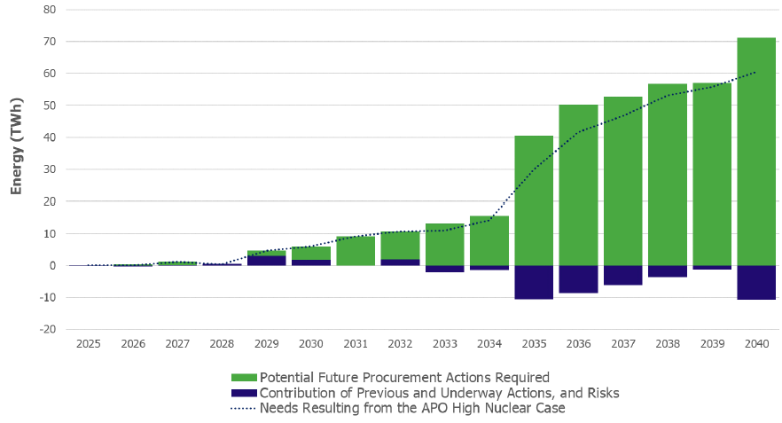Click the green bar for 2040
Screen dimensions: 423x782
tap(756, 152)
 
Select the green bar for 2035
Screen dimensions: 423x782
tap(534, 200)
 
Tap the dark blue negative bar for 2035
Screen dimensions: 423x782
tap(534, 282)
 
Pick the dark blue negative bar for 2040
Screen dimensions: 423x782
tap(756, 282)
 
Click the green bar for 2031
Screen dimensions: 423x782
tap(356, 251)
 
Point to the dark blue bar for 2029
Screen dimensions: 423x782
tap(266, 261)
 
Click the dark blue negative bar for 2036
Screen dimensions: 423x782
tap(578, 278)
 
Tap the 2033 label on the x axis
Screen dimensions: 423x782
tap(444, 343)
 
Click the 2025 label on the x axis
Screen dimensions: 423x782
tap(89, 343)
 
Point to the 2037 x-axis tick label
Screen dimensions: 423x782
tap(622, 343)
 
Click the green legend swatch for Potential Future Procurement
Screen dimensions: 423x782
tap(243, 377)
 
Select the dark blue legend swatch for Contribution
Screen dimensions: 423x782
tap(243, 393)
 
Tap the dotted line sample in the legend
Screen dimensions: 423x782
tap(243, 409)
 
